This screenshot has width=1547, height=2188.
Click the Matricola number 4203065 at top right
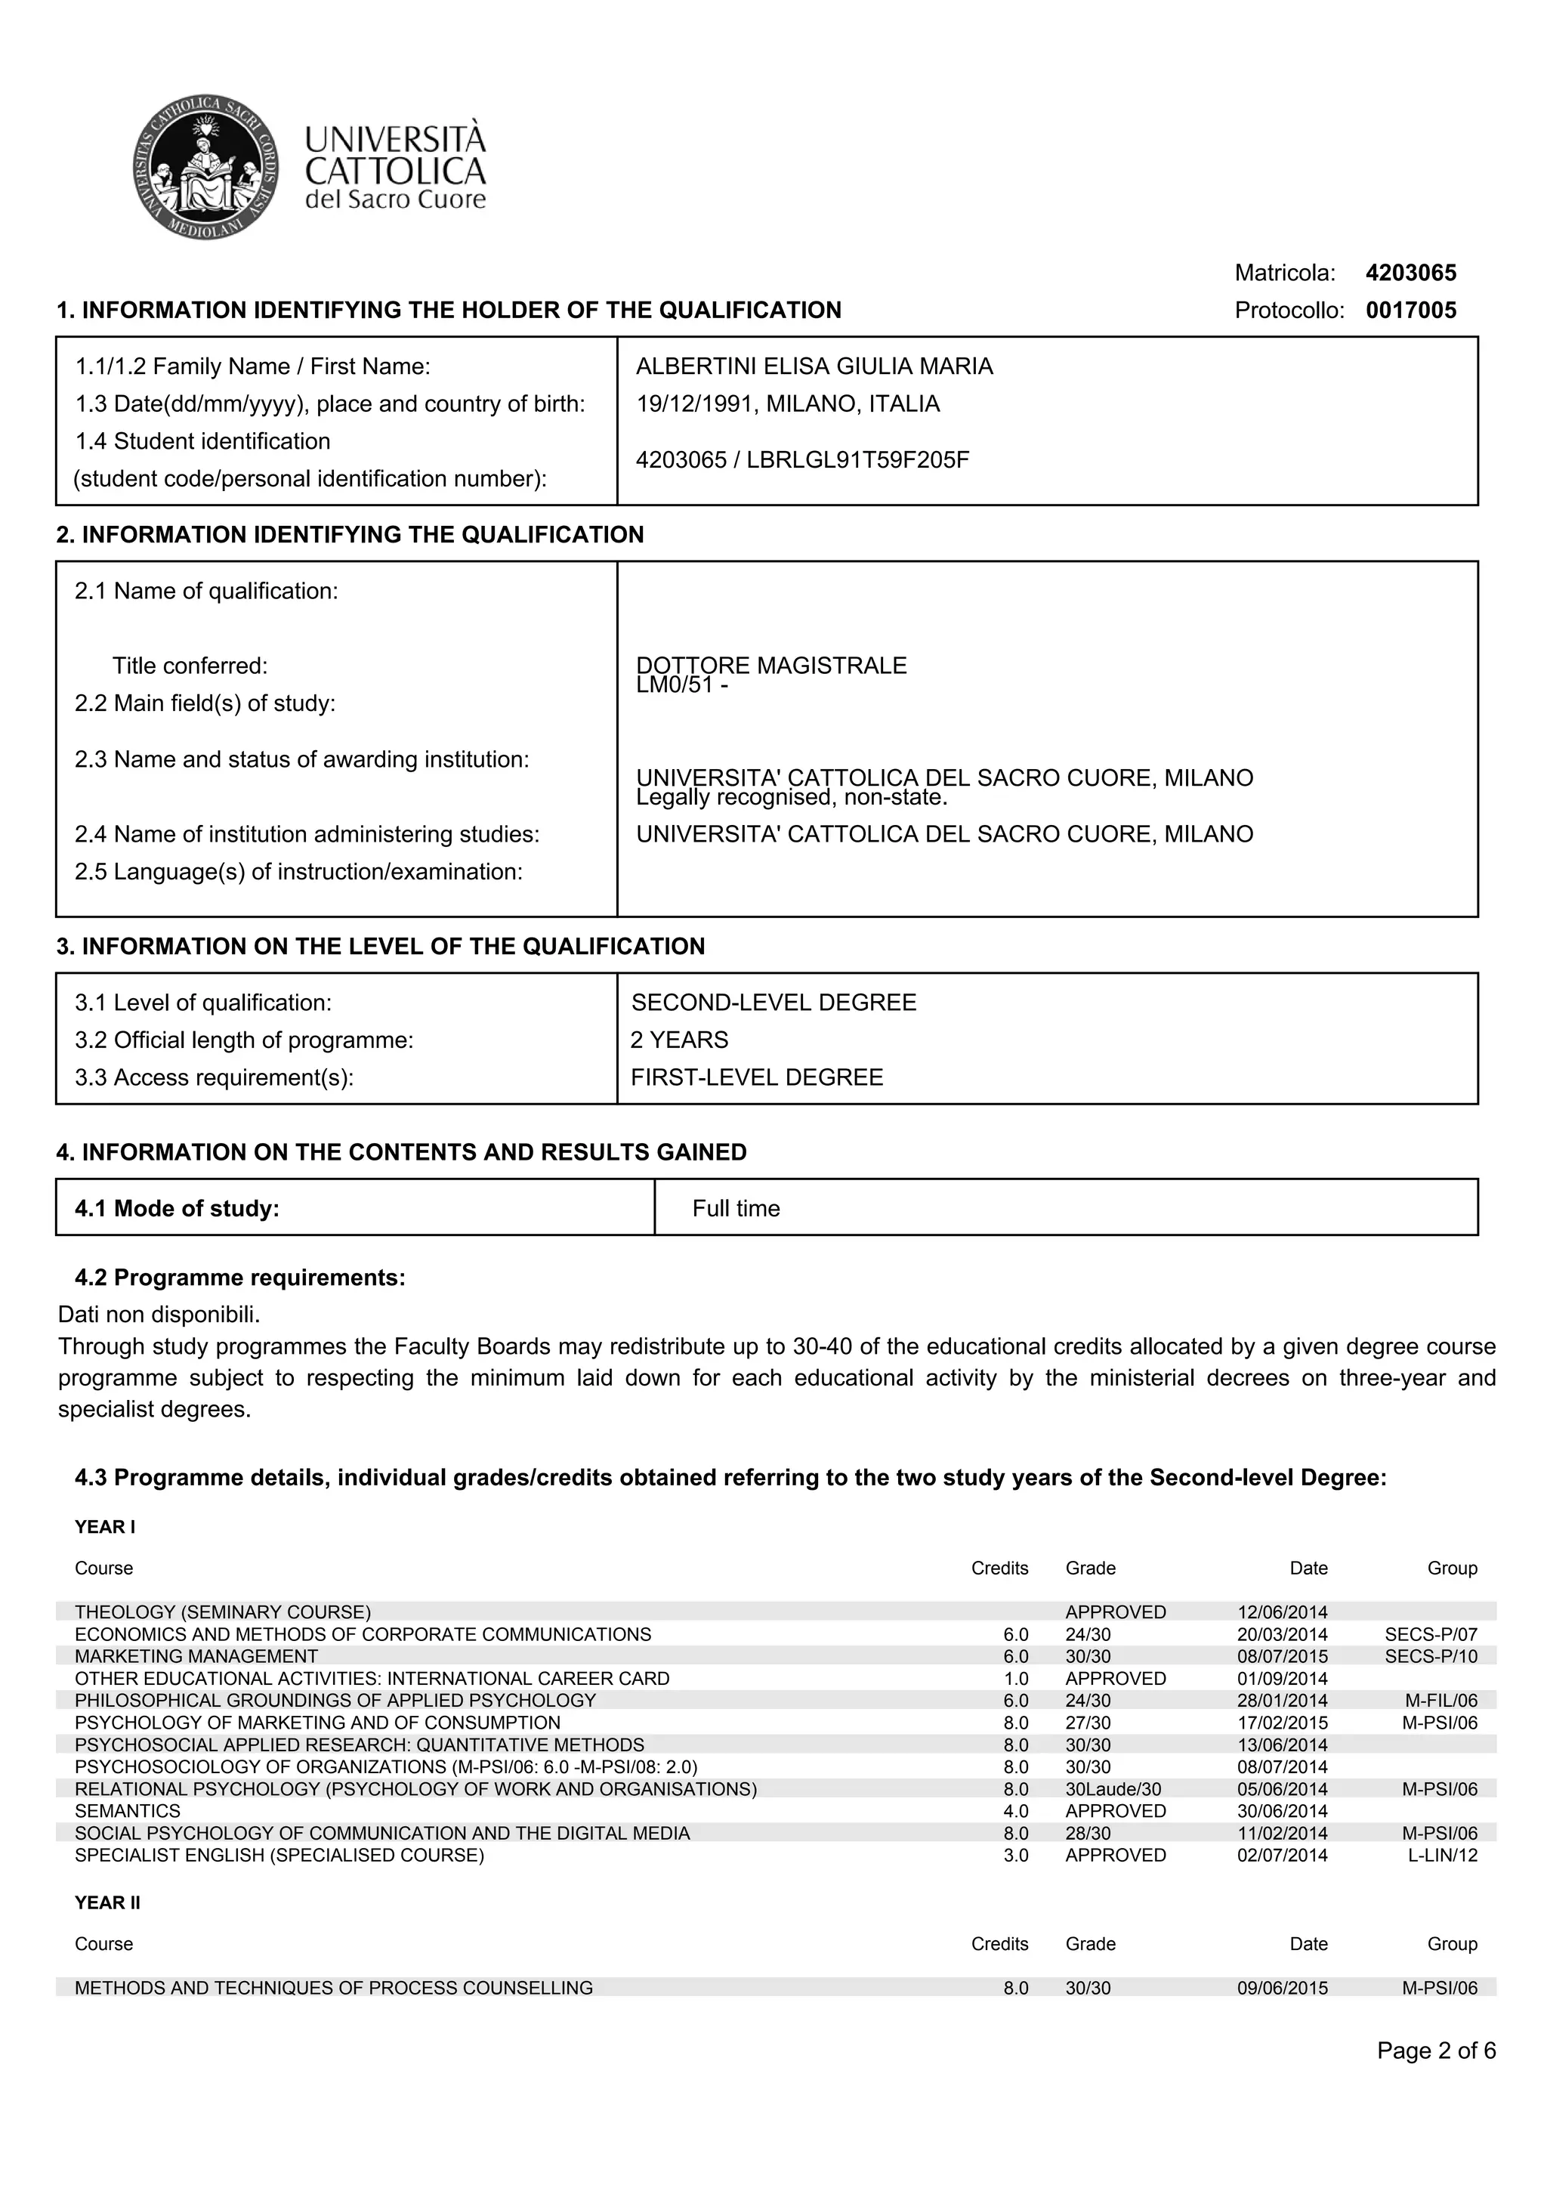tap(1410, 273)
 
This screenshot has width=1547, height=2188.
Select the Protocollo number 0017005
tap(1410, 311)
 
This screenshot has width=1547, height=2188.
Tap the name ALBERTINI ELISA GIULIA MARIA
tap(814, 367)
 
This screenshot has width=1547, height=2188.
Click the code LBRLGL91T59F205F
tap(857, 460)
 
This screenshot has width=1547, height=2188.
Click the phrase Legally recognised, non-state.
tap(791, 798)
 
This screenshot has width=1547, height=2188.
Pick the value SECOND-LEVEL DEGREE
tap(773, 1003)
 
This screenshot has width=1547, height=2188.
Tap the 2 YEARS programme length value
tap(679, 1040)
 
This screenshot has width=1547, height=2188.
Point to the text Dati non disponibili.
tap(159, 1315)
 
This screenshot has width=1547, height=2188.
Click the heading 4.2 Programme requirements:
tap(240, 1278)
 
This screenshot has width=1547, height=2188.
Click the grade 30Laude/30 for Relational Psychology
tap(1113, 1790)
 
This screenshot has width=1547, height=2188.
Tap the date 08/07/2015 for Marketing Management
tap(1281, 1657)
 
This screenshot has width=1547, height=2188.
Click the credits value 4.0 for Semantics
tap(1015, 1812)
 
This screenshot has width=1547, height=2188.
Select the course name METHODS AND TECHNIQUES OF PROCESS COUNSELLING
tap(333, 1988)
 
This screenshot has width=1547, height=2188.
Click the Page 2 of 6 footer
tap(1435, 2050)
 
